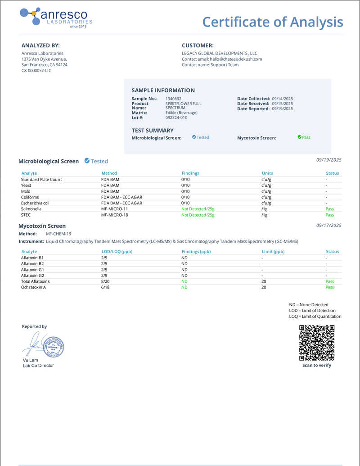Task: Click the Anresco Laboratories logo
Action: point(56,18)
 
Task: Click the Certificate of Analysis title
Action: point(272,22)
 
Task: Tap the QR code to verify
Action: point(317,343)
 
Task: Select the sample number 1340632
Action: point(174,99)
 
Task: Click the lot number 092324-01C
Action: point(176,118)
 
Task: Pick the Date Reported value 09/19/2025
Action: point(282,109)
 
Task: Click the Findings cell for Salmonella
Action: point(198,209)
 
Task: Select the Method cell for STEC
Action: point(114,215)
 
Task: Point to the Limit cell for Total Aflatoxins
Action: point(264,281)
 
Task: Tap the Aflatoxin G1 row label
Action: point(32,269)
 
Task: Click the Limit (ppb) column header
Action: point(273,252)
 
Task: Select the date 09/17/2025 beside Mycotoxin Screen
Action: point(329,225)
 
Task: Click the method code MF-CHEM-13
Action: point(58,234)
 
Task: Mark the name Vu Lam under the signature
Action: point(30,360)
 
